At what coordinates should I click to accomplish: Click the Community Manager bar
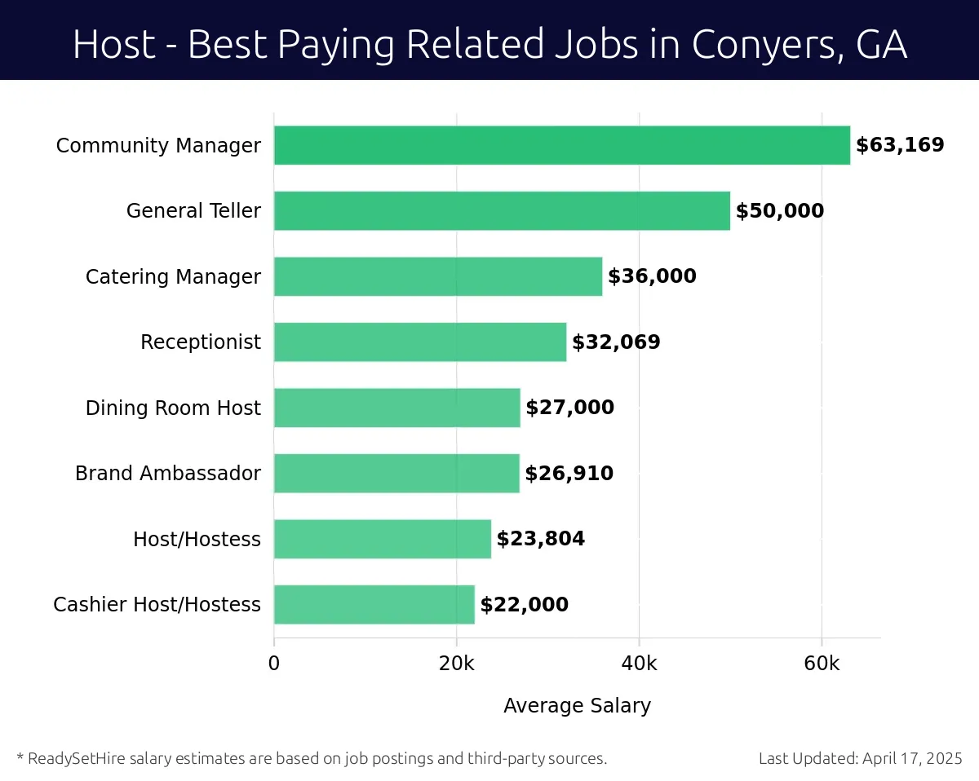pyautogui.click(x=561, y=145)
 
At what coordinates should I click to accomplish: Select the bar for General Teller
pyautogui.click(x=502, y=210)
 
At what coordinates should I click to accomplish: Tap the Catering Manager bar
pyautogui.click(x=438, y=276)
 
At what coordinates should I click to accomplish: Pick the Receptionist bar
pyautogui.click(x=420, y=342)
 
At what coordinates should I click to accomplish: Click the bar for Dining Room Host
pyautogui.click(x=396, y=408)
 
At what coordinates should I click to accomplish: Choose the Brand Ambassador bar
pyautogui.click(x=396, y=473)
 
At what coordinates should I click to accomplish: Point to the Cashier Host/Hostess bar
pyautogui.click(x=374, y=604)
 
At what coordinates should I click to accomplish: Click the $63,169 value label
pyautogui.click(x=900, y=145)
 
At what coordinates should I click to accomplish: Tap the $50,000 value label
pyautogui.click(x=780, y=211)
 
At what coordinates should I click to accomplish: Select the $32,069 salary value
pyautogui.click(x=616, y=342)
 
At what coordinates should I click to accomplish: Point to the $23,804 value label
pyautogui.click(x=541, y=539)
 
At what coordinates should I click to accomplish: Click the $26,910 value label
pyautogui.click(x=569, y=474)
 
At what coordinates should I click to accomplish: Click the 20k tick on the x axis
pyautogui.click(x=456, y=664)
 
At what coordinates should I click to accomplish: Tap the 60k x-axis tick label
pyautogui.click(x=822, y=664)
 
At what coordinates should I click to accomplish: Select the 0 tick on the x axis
pyautogui.click(x=274, y=664)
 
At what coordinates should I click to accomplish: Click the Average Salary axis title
pyautogui.click(x=577, y=705)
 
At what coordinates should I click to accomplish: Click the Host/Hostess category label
pyautogui.click(x=197, y=539)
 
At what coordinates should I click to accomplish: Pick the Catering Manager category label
pyautogui.click(x=173, y=276)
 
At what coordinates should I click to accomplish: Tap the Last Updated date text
pyautogui.click(x=861, y=758)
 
